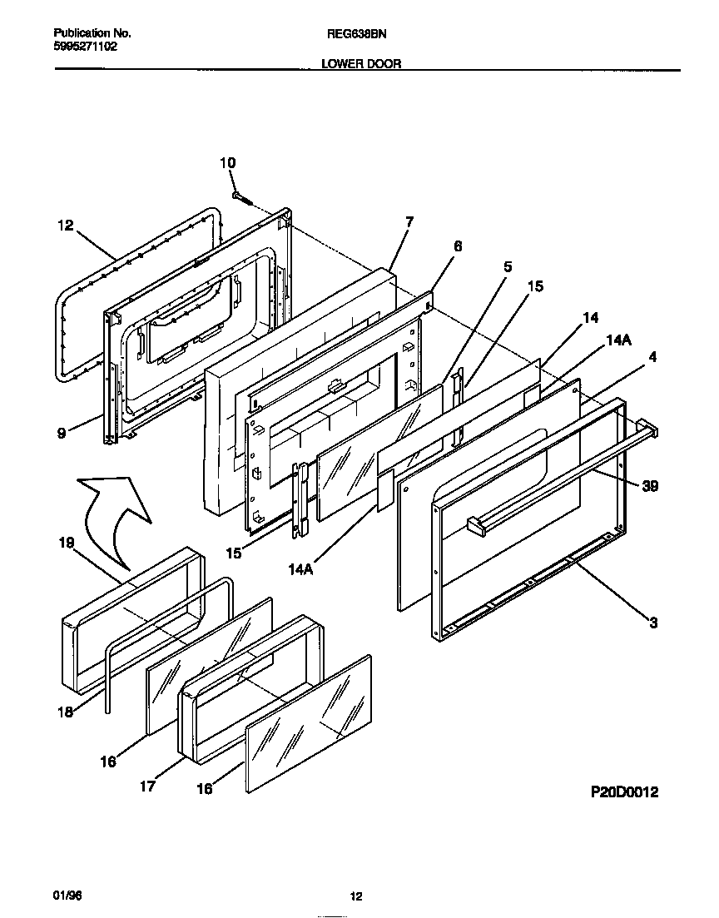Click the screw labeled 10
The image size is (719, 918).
[242, 197]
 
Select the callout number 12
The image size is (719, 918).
[66, 225]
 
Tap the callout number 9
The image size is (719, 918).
[61, 433]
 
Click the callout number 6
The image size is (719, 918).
[457, 246]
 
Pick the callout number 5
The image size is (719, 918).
[508, 266]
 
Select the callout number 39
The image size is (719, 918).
[650, 486]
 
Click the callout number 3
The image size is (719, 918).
[653, 622]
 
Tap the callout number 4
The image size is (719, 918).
[653, 358]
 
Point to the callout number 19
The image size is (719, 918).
[66, 543]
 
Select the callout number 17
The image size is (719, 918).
[147, 786]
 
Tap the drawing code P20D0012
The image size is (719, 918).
[624, 792]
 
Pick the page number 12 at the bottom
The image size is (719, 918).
[355, 896]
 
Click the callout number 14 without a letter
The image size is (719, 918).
[590, 317]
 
